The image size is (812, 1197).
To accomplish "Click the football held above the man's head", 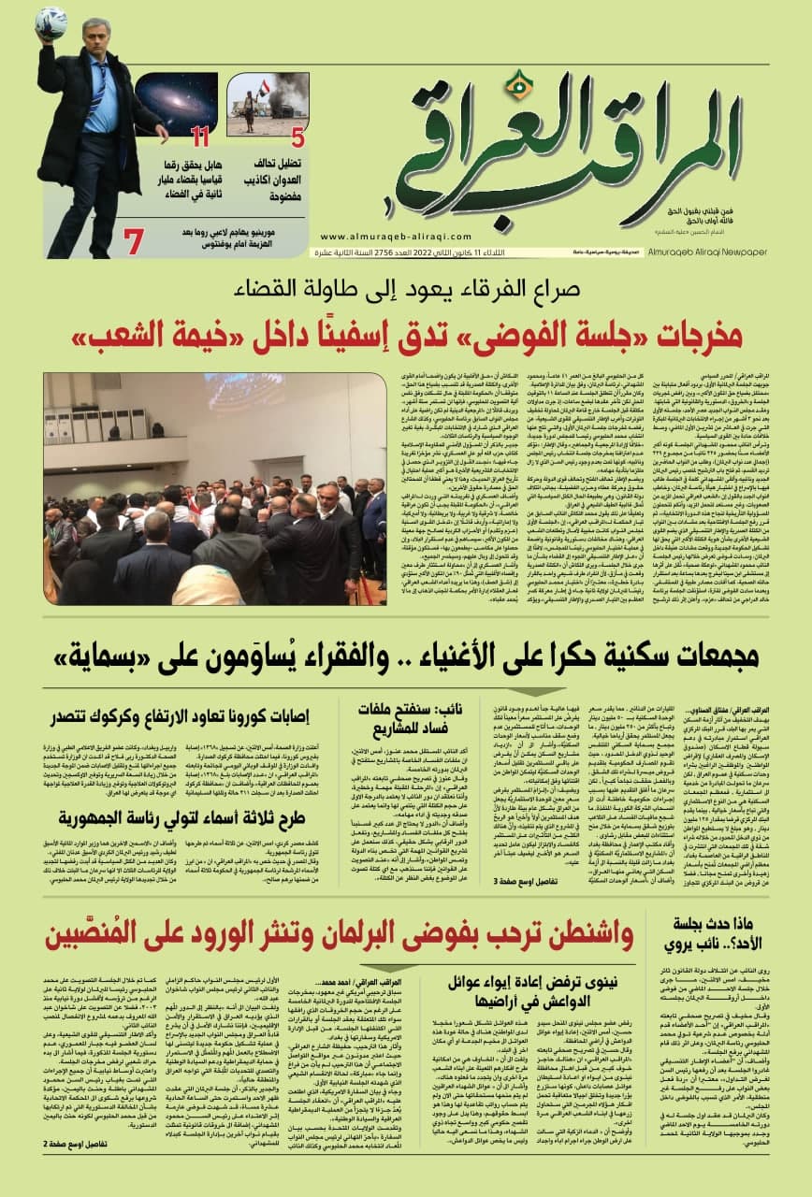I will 51,22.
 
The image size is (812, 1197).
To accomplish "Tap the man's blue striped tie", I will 98,84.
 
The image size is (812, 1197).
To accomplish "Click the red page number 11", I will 199,138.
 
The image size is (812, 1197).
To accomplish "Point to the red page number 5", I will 297,138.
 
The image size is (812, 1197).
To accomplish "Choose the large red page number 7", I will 134,242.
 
